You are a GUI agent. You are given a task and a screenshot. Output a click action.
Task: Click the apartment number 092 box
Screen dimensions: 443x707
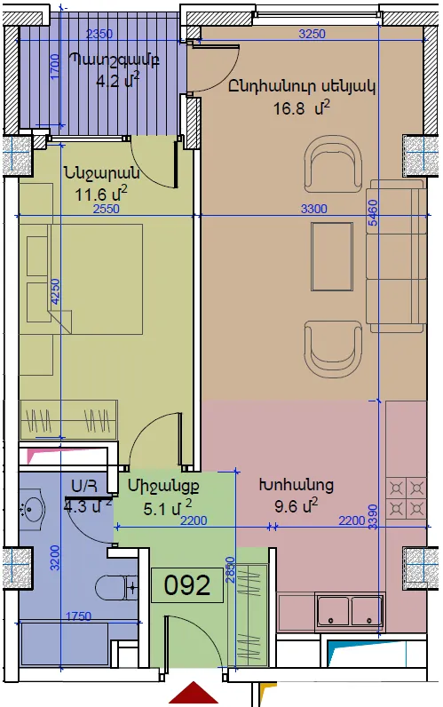(187, 584)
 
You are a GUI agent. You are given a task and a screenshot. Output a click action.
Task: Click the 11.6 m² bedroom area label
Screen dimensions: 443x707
(101, 195)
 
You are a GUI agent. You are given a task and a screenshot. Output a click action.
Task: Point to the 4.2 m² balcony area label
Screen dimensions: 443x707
(117, 80)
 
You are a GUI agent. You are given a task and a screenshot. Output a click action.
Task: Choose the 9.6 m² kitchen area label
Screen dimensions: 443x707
(297, 505)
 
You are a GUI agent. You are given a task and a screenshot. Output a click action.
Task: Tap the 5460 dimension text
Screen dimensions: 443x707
(373, 217)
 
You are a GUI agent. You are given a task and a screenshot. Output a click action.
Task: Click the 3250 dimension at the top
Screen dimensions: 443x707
(312, 34)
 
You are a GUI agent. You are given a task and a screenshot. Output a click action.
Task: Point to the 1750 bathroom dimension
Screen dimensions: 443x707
(78, 616)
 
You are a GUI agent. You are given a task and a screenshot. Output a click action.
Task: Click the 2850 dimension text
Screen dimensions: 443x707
(230, 569)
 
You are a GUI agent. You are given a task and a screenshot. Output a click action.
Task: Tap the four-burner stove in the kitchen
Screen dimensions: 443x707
(407, 498)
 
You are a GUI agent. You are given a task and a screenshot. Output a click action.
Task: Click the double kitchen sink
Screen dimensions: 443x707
(351, 610)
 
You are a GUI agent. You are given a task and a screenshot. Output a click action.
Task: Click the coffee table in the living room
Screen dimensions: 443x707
(332, 257)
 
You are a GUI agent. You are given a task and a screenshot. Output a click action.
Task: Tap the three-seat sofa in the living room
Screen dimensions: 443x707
(396, 256)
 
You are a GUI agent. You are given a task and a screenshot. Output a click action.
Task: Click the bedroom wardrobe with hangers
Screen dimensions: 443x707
(68, 419)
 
